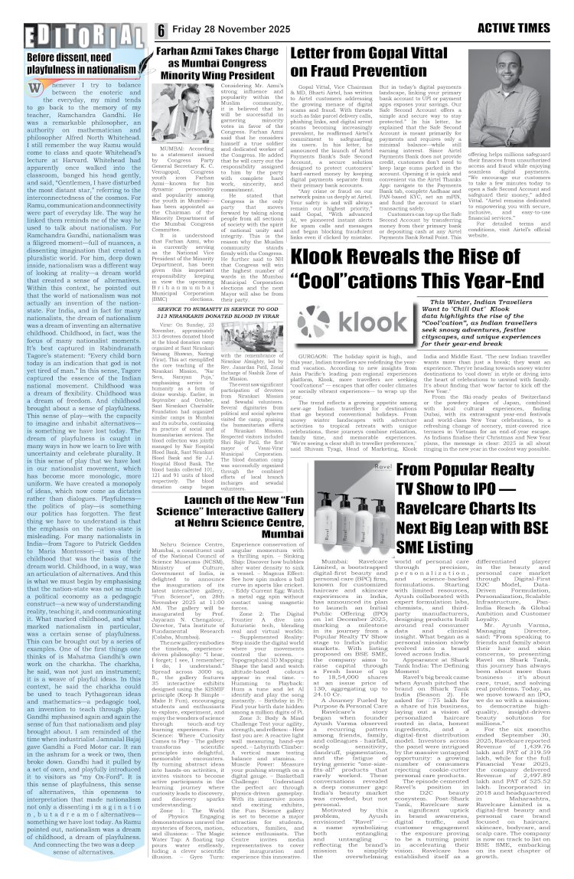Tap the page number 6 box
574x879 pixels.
[162, 29]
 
